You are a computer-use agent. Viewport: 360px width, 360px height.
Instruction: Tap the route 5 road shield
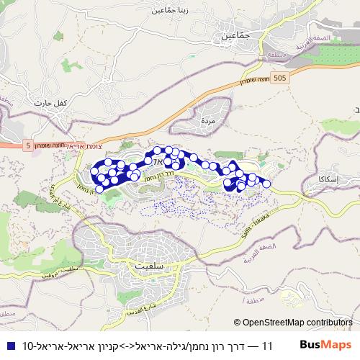click(28, 145)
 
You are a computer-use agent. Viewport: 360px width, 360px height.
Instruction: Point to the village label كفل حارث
click(50, 103)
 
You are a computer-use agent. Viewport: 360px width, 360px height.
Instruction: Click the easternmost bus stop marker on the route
click(266, 184)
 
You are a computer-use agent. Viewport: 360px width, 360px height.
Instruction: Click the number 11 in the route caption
click(268, 346)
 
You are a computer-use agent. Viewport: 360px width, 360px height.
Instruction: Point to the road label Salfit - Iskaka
click(257, 213)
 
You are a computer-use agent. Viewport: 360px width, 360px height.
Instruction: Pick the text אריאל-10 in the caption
click(38, 346)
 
